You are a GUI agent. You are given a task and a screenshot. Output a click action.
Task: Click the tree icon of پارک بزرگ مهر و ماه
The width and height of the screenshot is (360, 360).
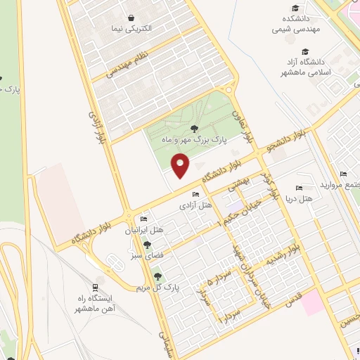(193, 128)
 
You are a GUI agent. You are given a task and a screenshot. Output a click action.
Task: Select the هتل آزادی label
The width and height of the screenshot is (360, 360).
(196, 205)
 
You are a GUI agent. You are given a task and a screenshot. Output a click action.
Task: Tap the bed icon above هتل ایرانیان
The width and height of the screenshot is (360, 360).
(143, 219)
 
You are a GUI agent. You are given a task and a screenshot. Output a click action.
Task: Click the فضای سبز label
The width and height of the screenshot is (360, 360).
(147, 256)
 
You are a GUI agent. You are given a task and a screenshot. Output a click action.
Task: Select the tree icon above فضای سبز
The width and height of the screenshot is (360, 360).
(147, 245)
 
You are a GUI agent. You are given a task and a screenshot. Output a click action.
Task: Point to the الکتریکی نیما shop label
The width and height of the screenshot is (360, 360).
(131, 30)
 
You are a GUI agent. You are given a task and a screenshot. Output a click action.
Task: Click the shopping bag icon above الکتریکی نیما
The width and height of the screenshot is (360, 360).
(131, 18)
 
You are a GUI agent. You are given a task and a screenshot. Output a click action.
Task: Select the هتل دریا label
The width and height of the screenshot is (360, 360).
(299, 200)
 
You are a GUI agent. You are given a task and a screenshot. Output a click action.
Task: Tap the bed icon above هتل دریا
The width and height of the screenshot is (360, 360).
(300, 188)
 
